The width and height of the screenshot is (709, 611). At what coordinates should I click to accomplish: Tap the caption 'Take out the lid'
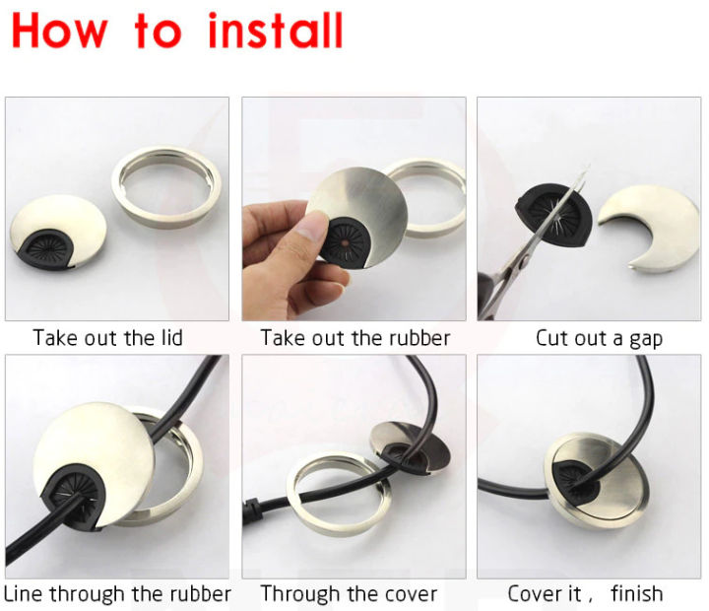coord(107,338)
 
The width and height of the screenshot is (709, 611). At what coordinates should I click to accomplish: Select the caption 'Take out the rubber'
coord(354,338)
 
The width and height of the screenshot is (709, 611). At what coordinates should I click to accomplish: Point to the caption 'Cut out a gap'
coord(599,338)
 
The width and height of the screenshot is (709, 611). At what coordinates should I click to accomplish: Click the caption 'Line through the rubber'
coord(117,593)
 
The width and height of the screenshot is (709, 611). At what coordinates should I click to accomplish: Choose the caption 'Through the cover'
coord(349,593)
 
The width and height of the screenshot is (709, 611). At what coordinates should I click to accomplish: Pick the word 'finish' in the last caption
coord(636,593)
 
